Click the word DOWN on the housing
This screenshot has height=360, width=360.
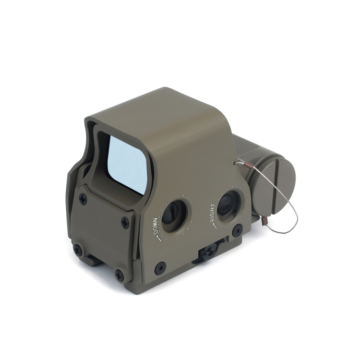[156, 226]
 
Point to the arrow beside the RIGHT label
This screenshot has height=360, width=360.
[215, 225]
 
